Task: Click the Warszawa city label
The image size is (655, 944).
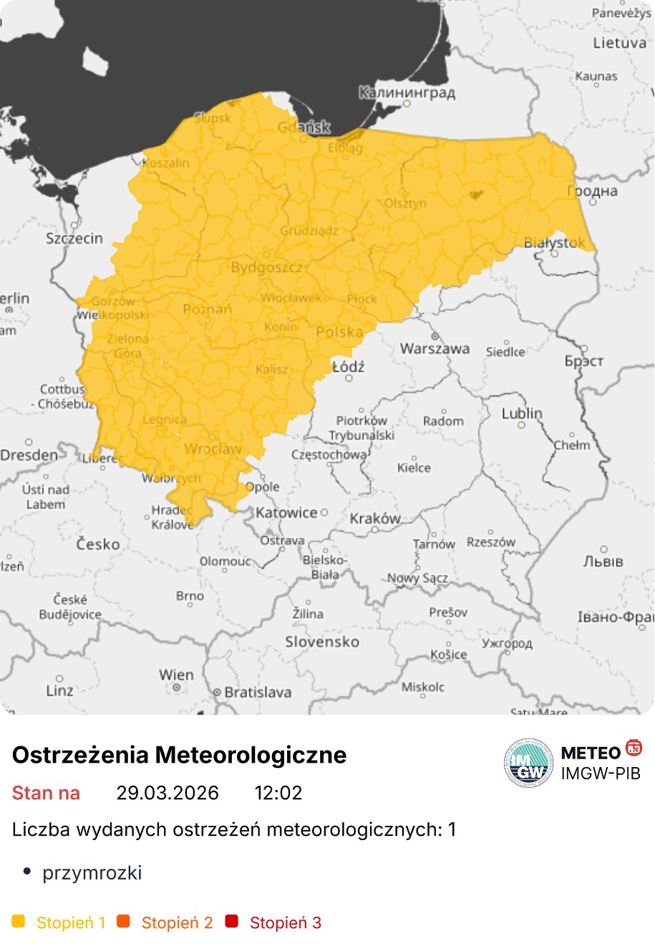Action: point(435,349)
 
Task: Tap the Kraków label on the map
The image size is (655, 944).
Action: point(375,519)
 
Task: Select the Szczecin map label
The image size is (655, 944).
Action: point(74,239)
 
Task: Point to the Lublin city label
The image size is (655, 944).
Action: point(522,414)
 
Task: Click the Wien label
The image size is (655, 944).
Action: point(176,675)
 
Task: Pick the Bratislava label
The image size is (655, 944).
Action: point(258,693)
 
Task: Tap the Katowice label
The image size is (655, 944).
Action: point(286,513)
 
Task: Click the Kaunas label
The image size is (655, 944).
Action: point(596,76)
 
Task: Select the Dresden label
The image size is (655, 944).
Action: point(29,456)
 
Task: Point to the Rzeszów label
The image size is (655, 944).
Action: point(491,542)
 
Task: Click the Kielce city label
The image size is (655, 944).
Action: point(414,468)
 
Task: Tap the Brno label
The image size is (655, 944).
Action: point(190,596)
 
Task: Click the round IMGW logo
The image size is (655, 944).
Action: point(528,763)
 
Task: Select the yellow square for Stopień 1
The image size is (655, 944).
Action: point(19,921)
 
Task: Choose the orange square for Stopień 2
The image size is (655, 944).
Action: point(124,921)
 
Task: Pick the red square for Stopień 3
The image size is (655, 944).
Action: point(231,921)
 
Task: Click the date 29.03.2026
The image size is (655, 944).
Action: point(168,793)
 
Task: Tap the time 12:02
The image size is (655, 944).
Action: point(278,793)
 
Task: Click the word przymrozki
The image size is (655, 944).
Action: point(92,872)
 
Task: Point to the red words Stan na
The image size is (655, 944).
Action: point(46,793)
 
